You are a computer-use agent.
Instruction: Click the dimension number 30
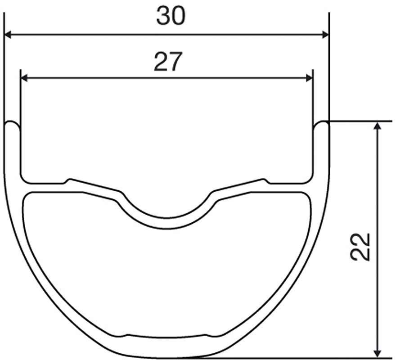click(x=171, y=16)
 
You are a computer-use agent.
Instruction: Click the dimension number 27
click(x=168, y=61)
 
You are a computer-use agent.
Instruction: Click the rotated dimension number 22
click(x=360, y=247)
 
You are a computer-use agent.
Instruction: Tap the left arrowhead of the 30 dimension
click(x=8, y=35)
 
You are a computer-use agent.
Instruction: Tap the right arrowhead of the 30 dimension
click(x=325, y=35)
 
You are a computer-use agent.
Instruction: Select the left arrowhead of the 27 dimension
click(x=24, y=78)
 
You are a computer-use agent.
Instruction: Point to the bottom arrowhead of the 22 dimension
click(x=377, y=353)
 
